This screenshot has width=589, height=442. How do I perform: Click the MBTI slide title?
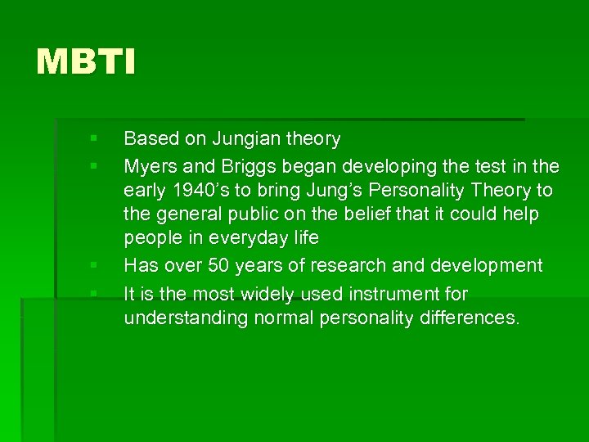click(x=86, y=62)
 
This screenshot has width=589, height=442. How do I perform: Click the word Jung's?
click(x=336, y=191)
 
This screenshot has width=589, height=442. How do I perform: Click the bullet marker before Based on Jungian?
click(x=94, y=138)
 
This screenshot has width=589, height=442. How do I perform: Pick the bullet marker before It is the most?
click(x=94, y=292)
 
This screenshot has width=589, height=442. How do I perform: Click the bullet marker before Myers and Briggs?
click(x=94, y=166)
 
